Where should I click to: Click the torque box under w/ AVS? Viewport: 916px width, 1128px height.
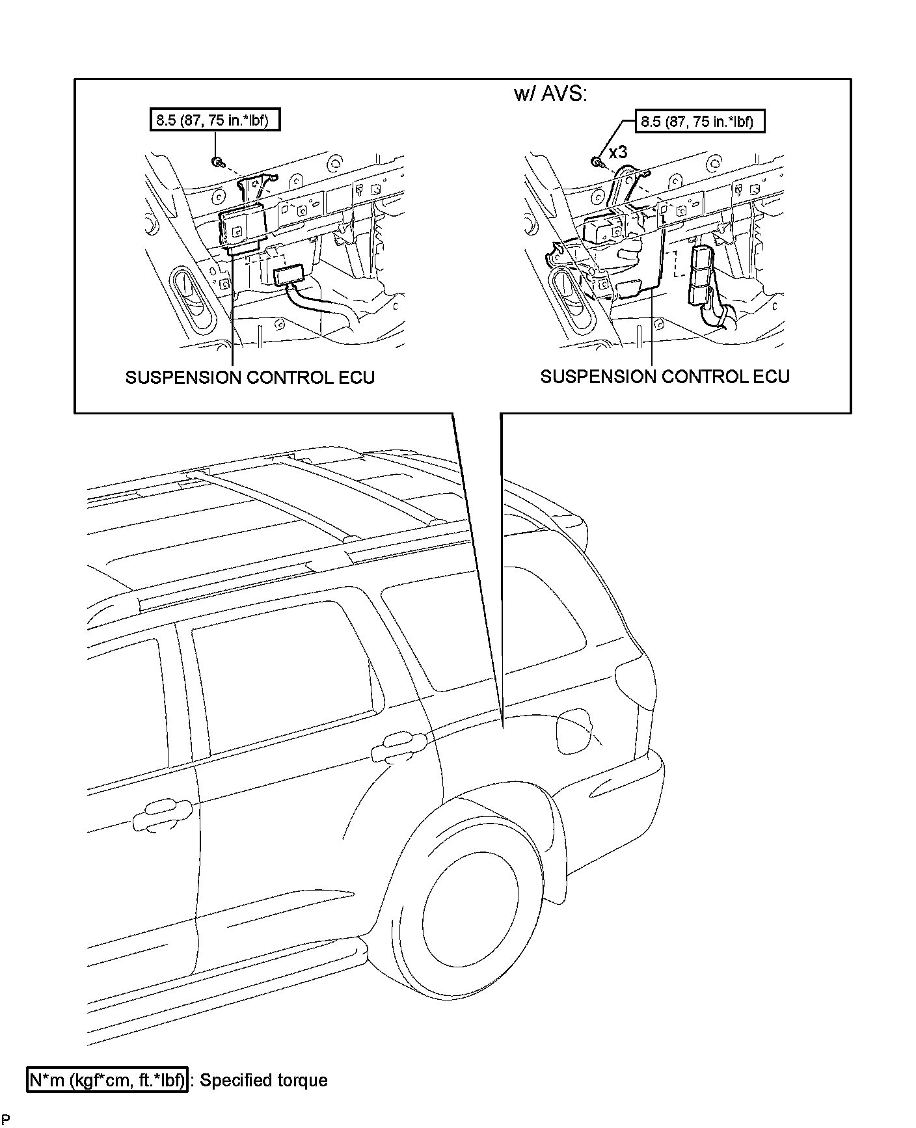[697, 121]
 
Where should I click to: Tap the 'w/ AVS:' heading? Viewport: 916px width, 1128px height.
[550, 94]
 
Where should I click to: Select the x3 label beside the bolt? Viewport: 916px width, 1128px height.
[618, 153]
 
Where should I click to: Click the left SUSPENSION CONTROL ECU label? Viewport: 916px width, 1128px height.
[250, 377]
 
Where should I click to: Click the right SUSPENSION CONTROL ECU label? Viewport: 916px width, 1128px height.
[665, 377]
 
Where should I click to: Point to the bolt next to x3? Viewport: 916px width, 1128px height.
[596, 161]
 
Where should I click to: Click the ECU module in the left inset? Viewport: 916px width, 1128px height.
[242, 227]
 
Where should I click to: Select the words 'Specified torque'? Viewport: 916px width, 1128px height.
[263, 1081]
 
